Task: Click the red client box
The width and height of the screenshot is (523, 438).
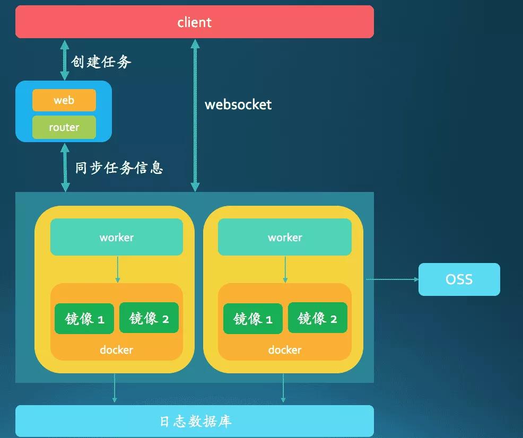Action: click(x=194, y=22)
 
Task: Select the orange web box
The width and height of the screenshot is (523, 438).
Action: click(x=64, y=100)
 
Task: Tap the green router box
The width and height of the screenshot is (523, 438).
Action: click(x=64, y=127)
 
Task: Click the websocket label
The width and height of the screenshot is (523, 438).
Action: click(x=238, y=104)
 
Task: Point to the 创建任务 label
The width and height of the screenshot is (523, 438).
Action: click(x=101, y=62)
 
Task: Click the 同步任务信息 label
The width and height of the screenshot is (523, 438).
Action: click(x=119, y=168)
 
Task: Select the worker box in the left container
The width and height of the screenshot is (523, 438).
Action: click(x=117, y=237)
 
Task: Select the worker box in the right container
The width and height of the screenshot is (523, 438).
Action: click(x=285, y=237)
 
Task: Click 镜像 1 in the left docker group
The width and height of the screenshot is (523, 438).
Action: click(x=84, y=318)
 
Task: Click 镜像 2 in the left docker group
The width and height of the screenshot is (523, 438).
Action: click(x=149, y=318)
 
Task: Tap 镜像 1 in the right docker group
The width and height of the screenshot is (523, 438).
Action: click(x=253, y=318)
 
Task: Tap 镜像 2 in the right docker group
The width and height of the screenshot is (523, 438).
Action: click(x=317, y=318)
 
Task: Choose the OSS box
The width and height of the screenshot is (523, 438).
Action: click(x=459, y=279)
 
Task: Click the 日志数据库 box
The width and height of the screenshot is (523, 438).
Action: click(x=194, y=421)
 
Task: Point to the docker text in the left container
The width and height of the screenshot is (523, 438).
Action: click(x=117, y=350)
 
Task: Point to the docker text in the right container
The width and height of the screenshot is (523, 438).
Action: click(x=285, y=350)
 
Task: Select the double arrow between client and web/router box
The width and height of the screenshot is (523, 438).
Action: click(x=65, y=59)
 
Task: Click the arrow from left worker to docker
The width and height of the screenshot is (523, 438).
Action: click(x=117, y=269)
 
